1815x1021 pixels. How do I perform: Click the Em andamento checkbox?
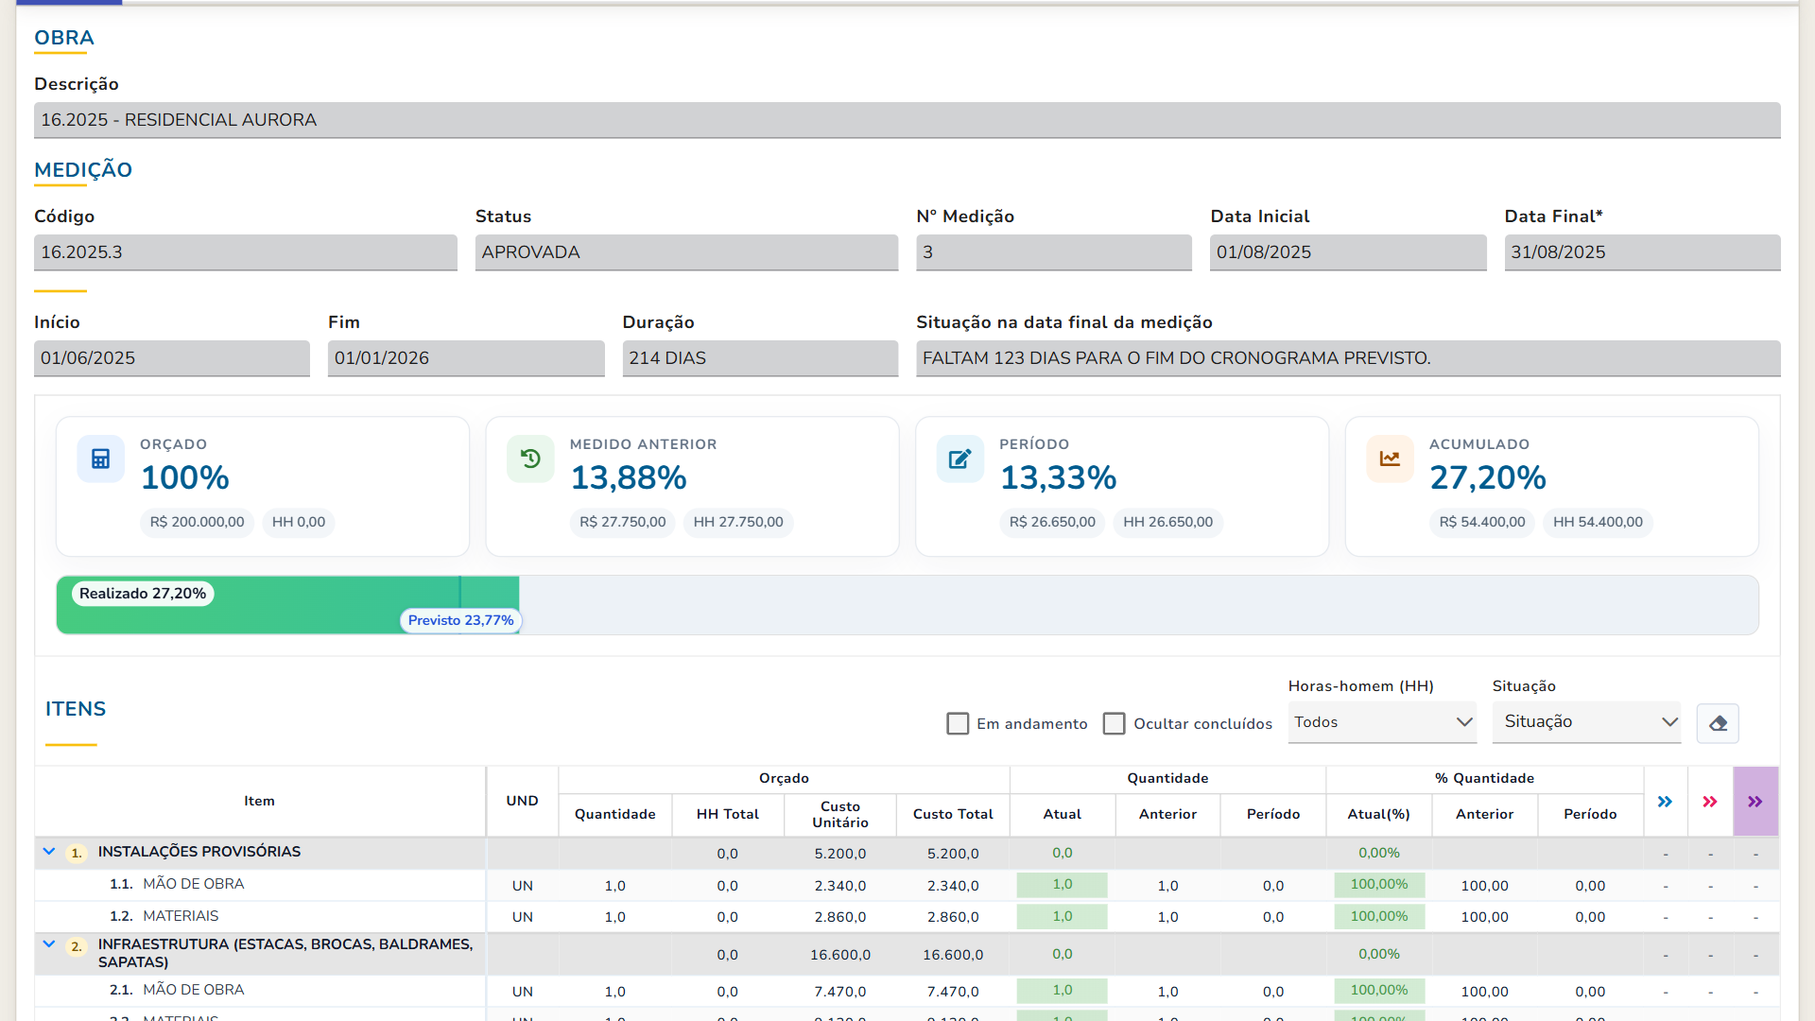958,723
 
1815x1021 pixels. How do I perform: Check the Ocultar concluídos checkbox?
1115,723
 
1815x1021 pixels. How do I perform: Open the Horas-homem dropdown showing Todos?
1382,722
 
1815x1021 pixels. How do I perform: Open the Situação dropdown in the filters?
1586,722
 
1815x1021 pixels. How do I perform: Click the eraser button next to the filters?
1718,723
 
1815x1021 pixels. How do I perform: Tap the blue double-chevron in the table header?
1665,802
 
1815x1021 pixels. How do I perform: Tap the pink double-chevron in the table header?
1710,802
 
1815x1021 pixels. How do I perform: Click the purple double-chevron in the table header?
1755,802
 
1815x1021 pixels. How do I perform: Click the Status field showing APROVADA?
686,252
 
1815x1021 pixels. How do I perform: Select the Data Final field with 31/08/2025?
1642,252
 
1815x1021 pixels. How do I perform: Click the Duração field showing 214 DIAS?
760,358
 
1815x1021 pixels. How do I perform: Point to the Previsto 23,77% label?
461,620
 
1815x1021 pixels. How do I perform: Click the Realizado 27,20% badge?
143,594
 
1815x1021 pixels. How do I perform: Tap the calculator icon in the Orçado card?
101,459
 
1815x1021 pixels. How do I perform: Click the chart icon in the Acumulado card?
1390,459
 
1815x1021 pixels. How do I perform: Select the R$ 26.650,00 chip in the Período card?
1052,522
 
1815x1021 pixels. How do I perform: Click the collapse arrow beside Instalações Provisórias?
49,852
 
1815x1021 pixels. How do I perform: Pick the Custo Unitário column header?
840,814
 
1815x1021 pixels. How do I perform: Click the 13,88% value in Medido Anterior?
629,478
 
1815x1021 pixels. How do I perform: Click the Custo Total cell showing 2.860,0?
953,917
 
